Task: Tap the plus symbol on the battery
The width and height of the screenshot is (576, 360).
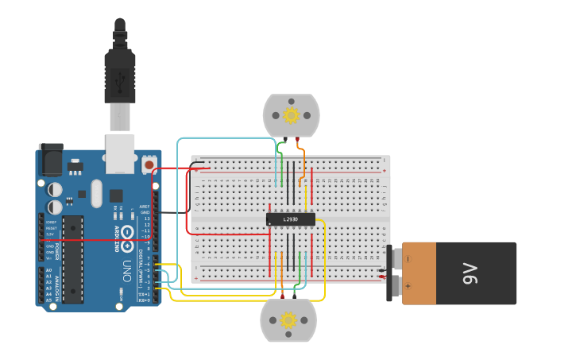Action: click(x=408, y=285)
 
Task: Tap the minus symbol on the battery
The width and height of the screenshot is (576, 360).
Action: click(x=408, y=258)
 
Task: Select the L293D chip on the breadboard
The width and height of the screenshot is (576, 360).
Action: click(x=291, y=219)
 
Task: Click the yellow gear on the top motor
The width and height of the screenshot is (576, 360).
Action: click(x=291, y=116)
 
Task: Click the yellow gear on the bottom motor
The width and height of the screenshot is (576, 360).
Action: click(x=288, y=320)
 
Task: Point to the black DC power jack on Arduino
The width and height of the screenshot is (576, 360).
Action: click(x=51, y=161)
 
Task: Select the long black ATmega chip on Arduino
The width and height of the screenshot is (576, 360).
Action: click(x=73, y=258)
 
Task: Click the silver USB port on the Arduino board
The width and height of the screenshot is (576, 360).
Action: click(x=120, y=153)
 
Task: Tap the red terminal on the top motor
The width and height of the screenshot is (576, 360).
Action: click(x=298, y=140)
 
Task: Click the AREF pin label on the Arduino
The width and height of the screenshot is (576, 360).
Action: click(x=144, y=206)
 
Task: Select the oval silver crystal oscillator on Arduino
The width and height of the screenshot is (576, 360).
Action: click(x=97, y=193)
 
